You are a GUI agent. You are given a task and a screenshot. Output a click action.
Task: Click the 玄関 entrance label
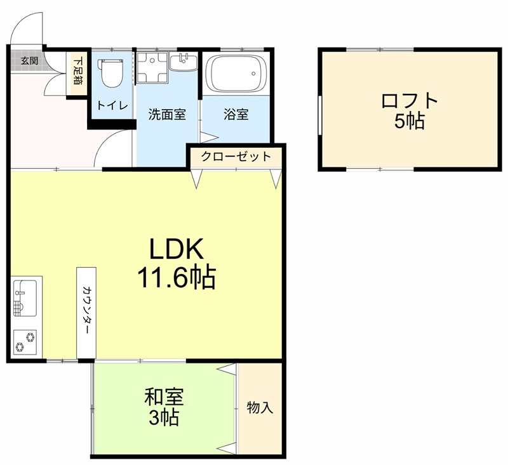point(29,61)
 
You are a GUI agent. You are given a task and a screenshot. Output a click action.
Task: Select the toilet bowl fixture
point(112,73)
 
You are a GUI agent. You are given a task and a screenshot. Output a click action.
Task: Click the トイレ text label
point(112,105)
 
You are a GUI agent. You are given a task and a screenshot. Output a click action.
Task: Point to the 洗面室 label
point(167,115)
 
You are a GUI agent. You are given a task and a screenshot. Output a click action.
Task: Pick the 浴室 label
point(236,115)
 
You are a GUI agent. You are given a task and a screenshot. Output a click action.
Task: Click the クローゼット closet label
point(236,157)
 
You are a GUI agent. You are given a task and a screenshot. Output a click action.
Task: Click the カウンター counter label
point(86,311)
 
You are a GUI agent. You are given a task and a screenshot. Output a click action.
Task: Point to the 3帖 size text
point(164,419)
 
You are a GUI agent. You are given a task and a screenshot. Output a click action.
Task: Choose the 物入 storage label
point(260,408)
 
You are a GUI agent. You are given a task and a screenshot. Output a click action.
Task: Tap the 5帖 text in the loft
point(410,122)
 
